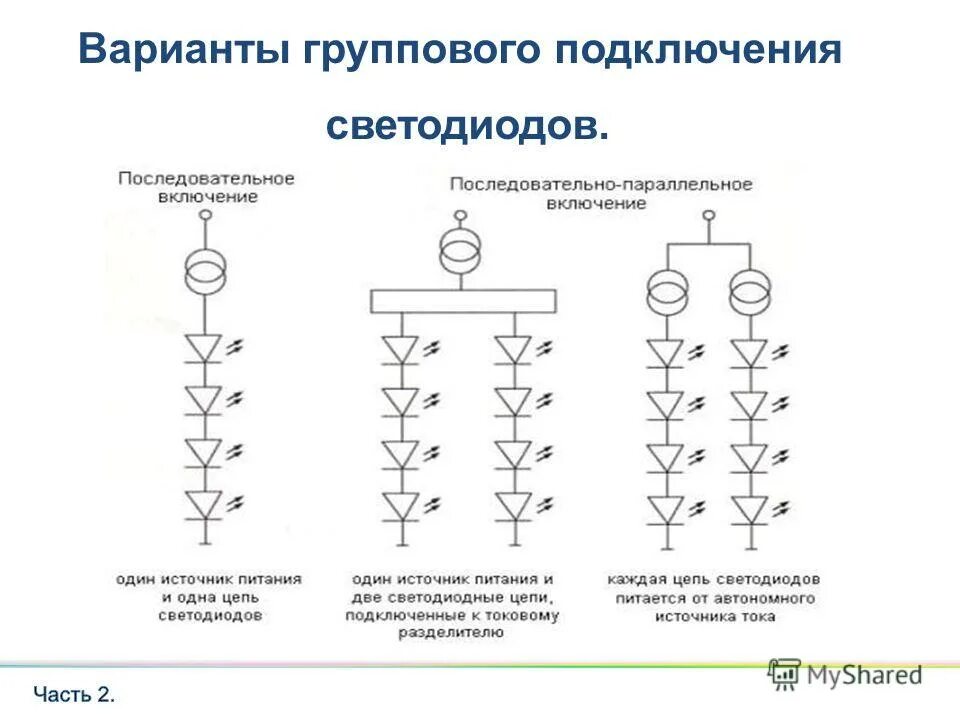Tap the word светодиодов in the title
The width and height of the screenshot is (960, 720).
(467, 125)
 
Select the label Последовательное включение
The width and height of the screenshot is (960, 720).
(207, 187)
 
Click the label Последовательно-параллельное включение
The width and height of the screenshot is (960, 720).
(600, 193)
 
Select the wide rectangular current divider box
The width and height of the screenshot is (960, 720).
(463, 301)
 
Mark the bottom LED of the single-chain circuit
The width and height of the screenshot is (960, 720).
(206, 504)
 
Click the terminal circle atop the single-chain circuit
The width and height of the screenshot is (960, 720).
(206, 214)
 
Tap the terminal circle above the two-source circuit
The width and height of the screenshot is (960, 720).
(708, 215)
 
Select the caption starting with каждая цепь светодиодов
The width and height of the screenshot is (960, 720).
(713, 598)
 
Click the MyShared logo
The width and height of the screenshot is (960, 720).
(846, 675)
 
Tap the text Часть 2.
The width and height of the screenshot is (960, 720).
(75, 694)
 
